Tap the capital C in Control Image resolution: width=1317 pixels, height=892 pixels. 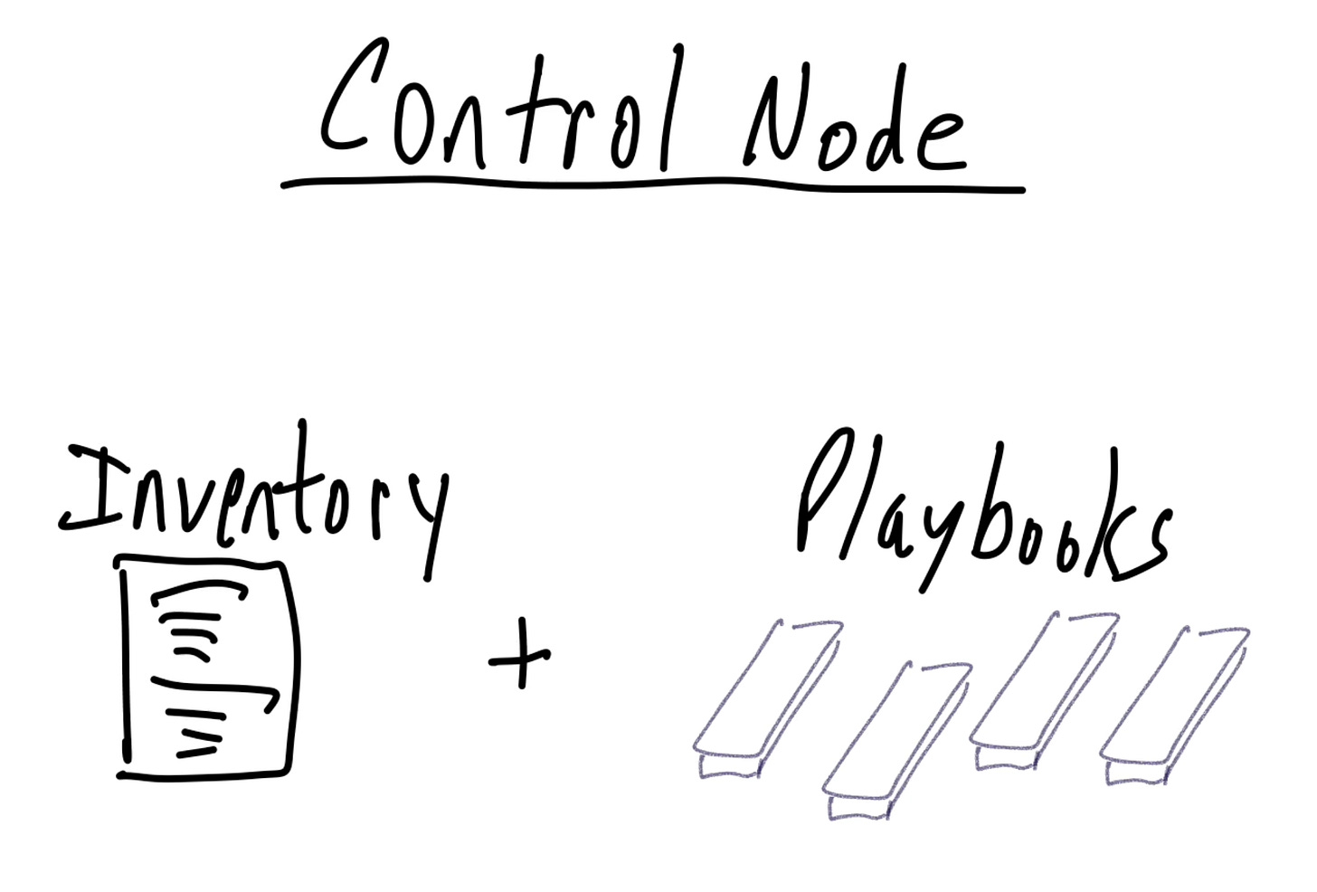pyautogui.click(x=348, y=100)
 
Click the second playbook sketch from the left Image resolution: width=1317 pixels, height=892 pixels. pyautogui.click(x=895, y=737)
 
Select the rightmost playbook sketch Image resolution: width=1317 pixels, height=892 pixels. pyautogui.click(x=1174, y=701)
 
